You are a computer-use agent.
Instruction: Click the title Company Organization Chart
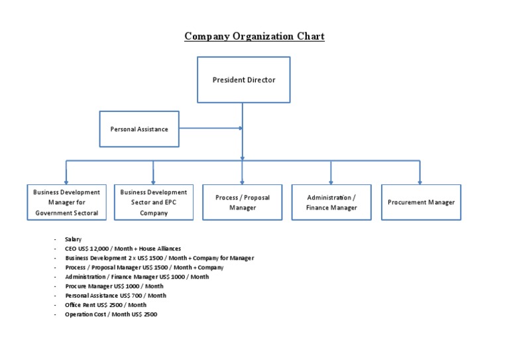254,36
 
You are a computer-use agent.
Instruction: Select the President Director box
243,80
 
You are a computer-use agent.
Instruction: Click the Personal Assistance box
139,129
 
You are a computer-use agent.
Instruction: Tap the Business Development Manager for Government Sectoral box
66,202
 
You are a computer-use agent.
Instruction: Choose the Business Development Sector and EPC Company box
154,202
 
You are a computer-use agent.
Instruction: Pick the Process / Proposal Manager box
243,202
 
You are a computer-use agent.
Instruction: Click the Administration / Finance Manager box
331,202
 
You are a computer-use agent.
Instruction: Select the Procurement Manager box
421,202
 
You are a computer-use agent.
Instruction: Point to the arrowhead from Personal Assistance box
240,129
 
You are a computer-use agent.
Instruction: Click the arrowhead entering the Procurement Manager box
420,181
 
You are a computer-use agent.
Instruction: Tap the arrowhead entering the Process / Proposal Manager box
243,181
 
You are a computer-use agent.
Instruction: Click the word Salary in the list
73,239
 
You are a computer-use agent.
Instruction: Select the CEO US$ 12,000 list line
123,249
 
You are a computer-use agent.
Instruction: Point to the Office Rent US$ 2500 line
105,305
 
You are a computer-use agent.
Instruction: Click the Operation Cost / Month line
111,314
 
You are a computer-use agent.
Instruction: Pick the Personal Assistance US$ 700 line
115,296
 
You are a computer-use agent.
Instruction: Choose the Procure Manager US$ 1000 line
114,286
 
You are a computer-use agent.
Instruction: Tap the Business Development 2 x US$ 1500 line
159,258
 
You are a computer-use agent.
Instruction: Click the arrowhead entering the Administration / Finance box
331,181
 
